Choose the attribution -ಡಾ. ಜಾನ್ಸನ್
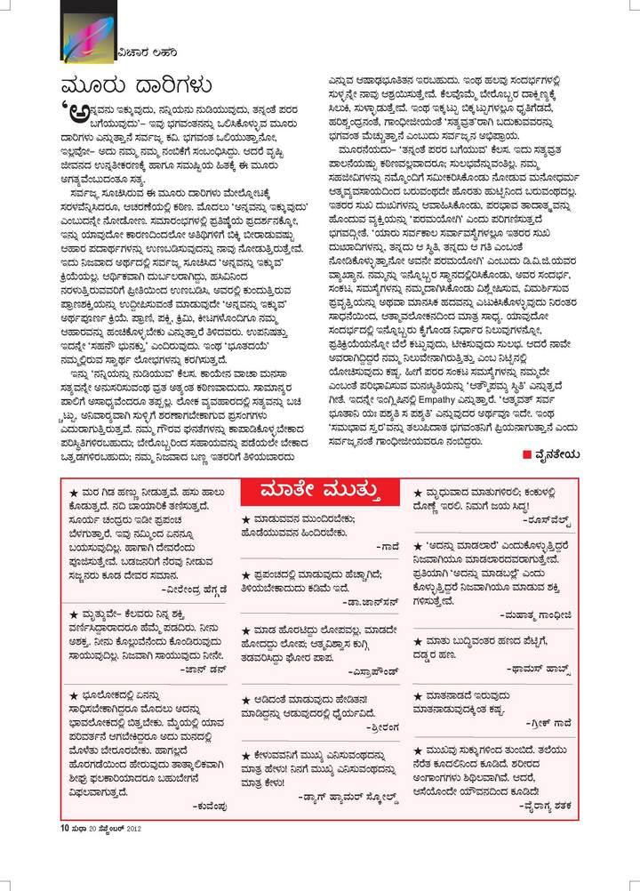[x=366, y=601]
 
